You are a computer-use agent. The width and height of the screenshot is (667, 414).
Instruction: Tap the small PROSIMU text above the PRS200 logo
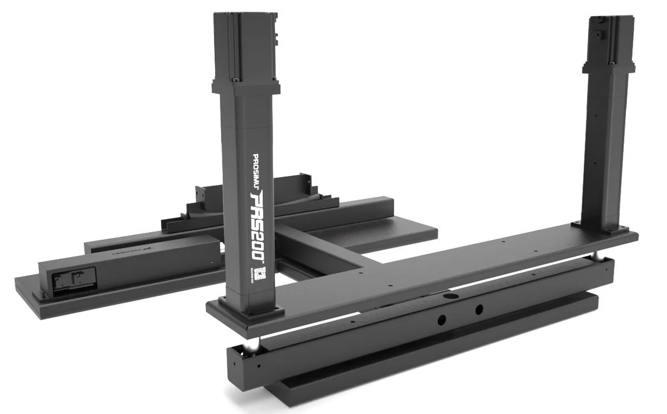pyautogui.click(x=256, y=170)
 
